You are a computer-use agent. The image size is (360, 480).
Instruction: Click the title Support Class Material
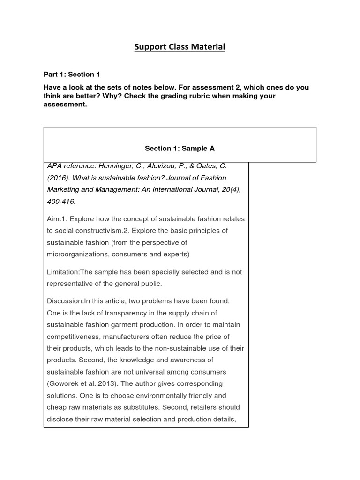tap(180, 47)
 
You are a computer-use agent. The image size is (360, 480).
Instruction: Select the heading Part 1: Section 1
tap(72, 75)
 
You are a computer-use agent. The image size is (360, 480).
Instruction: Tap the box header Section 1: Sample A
tap(180, 148)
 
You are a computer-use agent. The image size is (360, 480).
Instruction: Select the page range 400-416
tap(61, 202)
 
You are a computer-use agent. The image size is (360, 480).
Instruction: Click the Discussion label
tap(65, 301)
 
